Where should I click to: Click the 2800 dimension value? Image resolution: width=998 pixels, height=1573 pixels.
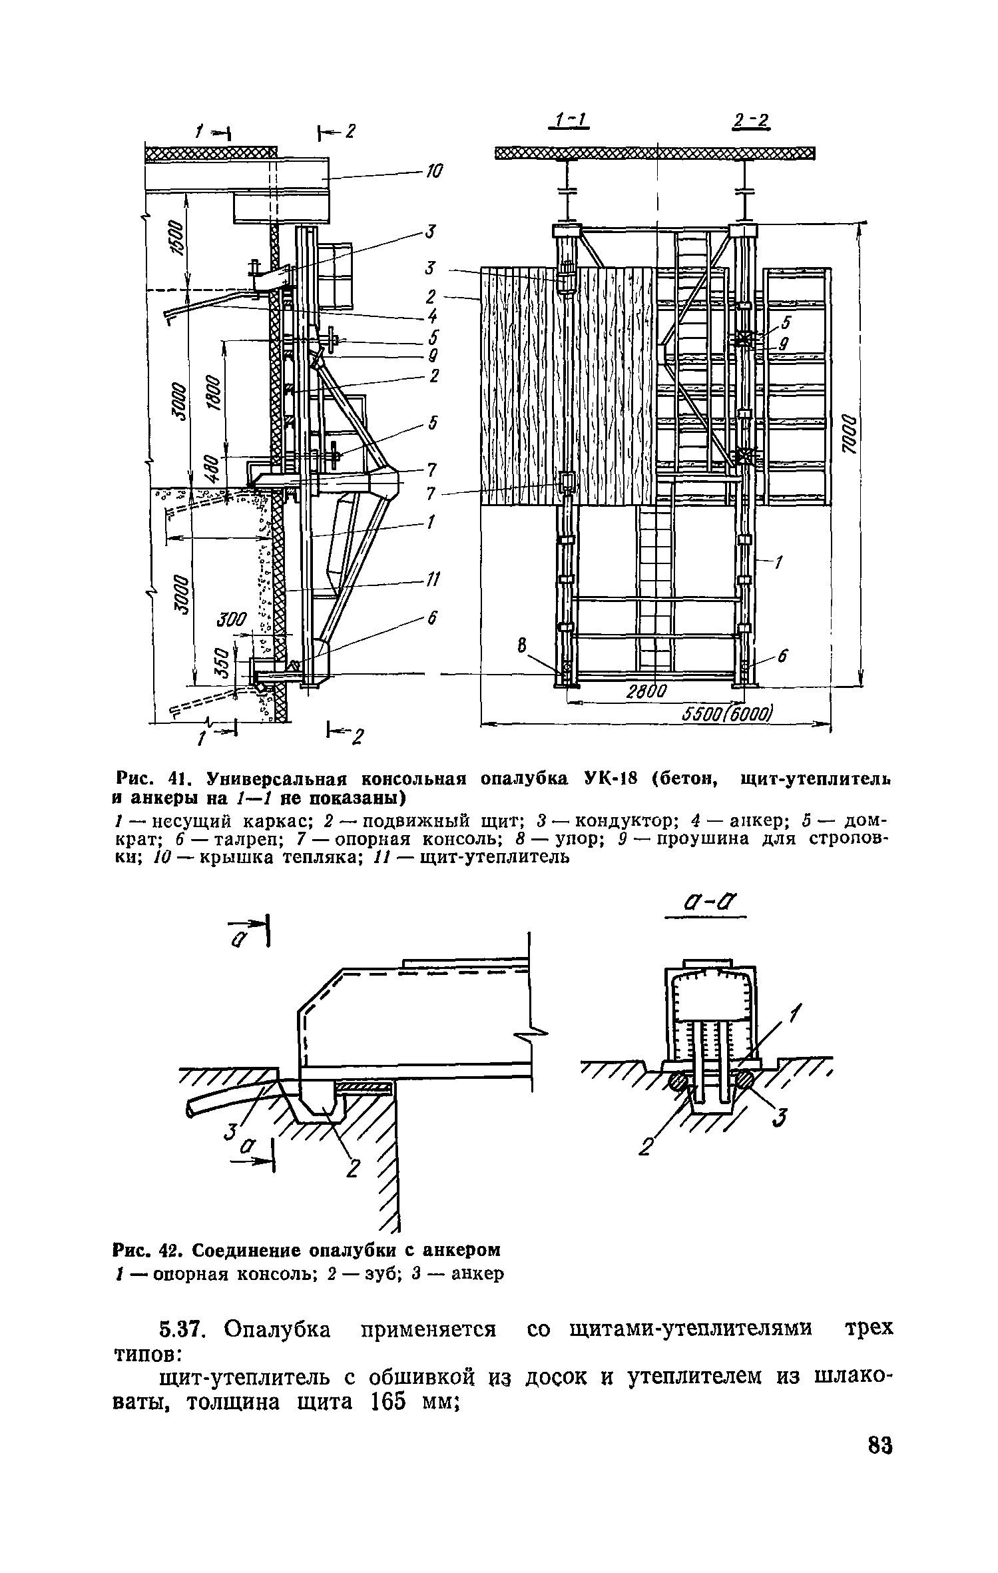(645, 693)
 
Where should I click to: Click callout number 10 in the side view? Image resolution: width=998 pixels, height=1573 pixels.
(433, 171)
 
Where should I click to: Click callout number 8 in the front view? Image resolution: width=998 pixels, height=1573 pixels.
(522, 644)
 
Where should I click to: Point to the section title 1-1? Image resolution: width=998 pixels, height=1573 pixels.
(570, 121)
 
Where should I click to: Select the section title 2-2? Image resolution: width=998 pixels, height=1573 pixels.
(750, 121)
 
